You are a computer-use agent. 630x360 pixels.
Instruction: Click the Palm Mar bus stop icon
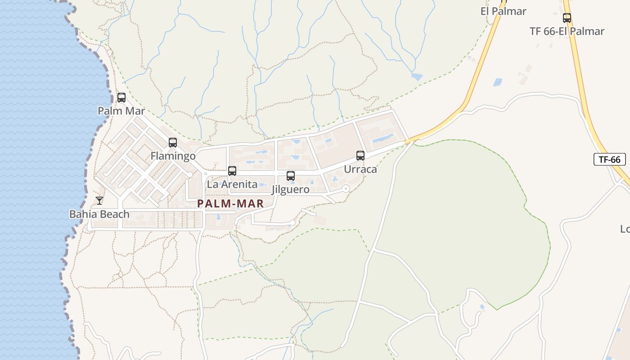[x=121, y=97]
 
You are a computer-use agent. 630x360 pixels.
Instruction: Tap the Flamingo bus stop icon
[x=172, y=143]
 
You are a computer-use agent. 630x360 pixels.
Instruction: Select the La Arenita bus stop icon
[x=232, y=171]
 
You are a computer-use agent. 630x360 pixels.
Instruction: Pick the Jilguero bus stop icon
[x=291, y=176]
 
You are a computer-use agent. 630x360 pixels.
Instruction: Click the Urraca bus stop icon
[x=360, y=156]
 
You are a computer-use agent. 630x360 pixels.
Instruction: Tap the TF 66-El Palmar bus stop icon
[x=567, y=18]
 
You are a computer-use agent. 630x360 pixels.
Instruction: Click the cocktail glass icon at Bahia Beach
[x=99, y=201]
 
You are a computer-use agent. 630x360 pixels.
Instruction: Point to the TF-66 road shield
[x=610, y=159]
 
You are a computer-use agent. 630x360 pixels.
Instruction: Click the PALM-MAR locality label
[x=230, y=203]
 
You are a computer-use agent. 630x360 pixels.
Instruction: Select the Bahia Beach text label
[x=99, y=214]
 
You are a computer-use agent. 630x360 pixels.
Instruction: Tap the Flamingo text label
[x=173, y=156]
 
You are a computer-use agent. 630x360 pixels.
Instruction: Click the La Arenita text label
[x=232, y=184]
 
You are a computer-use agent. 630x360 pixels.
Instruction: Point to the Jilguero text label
[x=291, y=189]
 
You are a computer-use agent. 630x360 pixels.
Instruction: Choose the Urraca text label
[x=360, y=169]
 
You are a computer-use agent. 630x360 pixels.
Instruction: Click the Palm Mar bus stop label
[x=121, y=111]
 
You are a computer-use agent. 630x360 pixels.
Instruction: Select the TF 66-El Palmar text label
[x=567, y=31]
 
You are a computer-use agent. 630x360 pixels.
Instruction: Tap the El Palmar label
[x=503, y=11]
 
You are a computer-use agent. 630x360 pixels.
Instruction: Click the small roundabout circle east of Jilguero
[x=346, y=189]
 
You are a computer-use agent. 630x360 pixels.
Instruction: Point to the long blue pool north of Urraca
[x=382, y=137]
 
